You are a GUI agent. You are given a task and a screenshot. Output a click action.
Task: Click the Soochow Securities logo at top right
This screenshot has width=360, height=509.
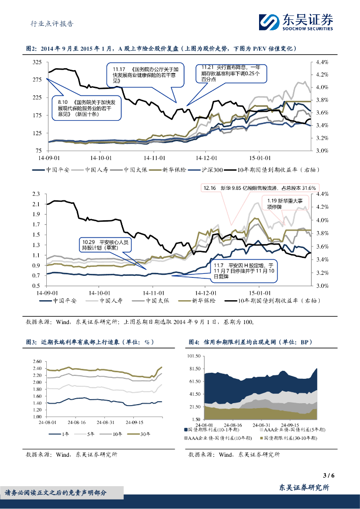pyautogui.click(x=295, y=22)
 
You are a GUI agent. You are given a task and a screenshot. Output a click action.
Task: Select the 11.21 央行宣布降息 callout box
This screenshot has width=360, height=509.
pyautogui.click(x=228, y=73)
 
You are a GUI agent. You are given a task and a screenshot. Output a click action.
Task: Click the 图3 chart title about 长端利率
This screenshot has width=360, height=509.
pyautogui.click(x=90, y=342)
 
